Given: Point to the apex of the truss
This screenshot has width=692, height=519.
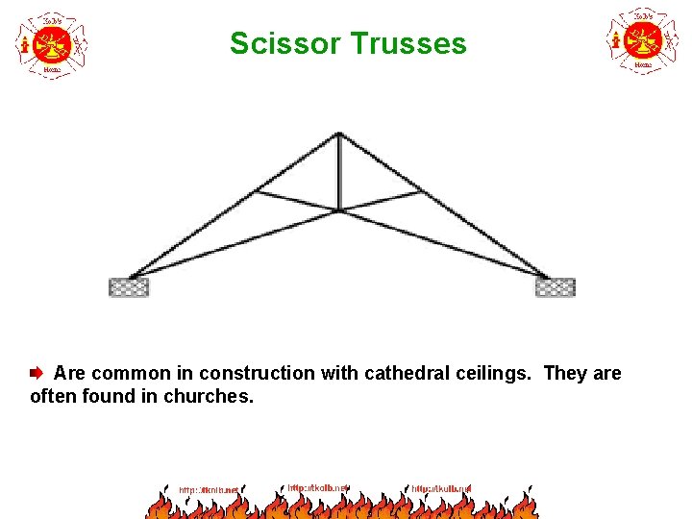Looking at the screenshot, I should [x=339, y=134].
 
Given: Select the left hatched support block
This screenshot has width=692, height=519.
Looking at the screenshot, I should [x=129, y=286].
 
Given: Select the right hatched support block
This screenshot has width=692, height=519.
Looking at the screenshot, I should [x=556, y=286].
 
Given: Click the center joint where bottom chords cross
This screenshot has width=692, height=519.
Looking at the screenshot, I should [x=339, y=209].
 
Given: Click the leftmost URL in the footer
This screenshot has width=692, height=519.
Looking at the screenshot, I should [x=208, y=490].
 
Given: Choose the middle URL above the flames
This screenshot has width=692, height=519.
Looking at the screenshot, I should [x=318, y=487].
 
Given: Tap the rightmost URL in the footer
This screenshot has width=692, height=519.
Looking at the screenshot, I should [x=441, y=489].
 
